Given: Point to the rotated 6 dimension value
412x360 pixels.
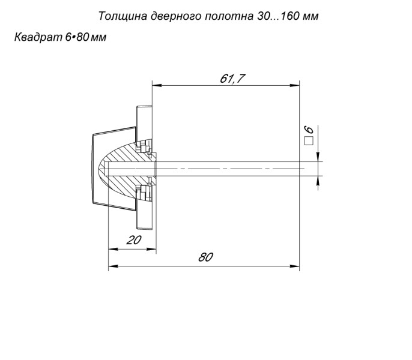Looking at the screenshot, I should (310, 130).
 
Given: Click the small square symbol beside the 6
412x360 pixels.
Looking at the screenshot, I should (309, 142).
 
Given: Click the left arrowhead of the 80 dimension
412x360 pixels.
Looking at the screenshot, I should (111, 265).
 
